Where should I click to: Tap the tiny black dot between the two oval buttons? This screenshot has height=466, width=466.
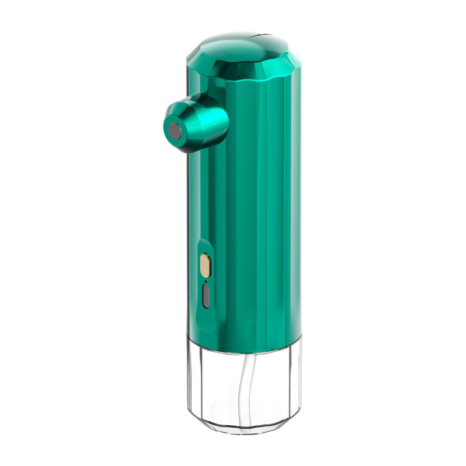(x=206, y=281)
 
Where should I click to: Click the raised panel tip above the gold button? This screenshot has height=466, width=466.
(x=202, y=243)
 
